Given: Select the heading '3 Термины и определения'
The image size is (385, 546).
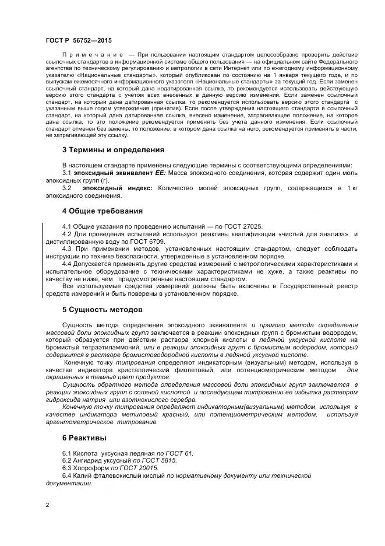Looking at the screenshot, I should (x=109, y=149).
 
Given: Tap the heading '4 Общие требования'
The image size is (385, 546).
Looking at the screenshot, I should (x=102, y=211).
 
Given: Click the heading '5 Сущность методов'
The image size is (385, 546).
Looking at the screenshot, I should (x=102, y=309).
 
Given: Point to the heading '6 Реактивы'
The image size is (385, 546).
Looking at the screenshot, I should (x=84, y=437).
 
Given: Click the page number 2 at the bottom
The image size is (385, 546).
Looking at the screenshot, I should (x=47, y=505).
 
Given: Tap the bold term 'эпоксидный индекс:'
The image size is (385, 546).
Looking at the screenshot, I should (x=117, y=188).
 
